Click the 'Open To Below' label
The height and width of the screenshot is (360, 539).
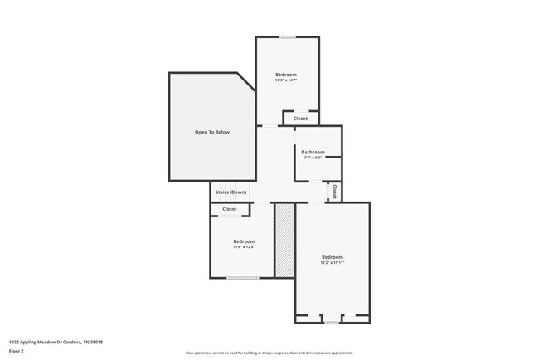point(212,132)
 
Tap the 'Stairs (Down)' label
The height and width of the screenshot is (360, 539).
point(231,192)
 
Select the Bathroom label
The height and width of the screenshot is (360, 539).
point(313,152)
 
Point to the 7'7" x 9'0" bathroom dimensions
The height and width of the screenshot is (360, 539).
point(313,158)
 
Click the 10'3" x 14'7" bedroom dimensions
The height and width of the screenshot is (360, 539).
point(286,80)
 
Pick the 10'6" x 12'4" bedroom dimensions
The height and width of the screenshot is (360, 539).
point(243,246)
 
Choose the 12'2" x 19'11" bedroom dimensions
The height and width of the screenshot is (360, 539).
point(332,262)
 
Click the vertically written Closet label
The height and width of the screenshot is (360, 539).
point(334,191)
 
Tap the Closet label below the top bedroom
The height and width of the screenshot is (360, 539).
point(300,119)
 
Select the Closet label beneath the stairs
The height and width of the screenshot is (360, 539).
point(229,209)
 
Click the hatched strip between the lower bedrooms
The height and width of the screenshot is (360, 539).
point(284,240)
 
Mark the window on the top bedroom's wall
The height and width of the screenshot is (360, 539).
point(287,36)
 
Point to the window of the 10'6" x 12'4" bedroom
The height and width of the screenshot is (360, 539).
point(242,278)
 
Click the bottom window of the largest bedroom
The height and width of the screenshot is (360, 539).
point(332,323)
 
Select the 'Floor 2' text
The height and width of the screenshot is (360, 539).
point(17,351)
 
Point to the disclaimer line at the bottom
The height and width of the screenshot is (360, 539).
point(269,353)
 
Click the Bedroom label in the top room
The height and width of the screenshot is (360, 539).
point(286,74)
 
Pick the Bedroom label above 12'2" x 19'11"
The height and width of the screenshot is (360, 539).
point(332,256)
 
